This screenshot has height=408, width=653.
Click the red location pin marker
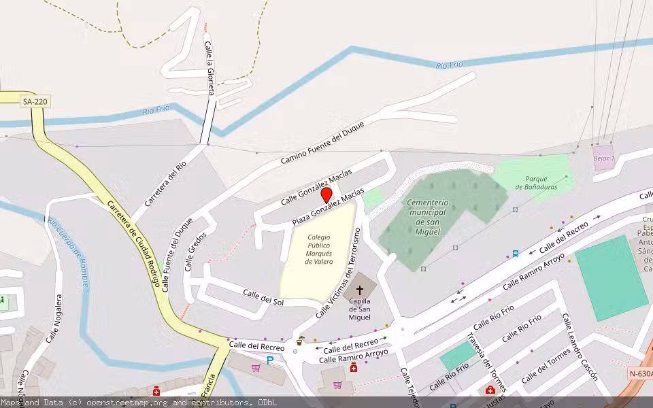point(326,195)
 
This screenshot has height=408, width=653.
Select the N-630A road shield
point(640,373)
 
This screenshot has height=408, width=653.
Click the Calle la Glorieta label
point(211,68)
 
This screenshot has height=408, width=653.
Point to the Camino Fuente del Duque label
point(322,143)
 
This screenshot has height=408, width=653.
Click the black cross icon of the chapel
point(360,290)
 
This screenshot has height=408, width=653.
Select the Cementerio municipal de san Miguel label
point(427,217)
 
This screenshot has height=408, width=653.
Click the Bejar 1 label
point(603,158)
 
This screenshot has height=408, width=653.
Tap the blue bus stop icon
point(516,254)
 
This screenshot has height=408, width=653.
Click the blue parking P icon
point(270,360)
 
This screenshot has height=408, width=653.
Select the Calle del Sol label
point(263,296)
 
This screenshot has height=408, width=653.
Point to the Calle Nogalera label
point(54,318)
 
